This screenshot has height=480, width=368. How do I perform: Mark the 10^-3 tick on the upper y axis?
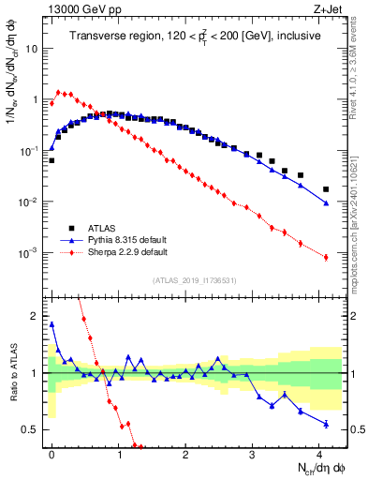(x=31, y=254)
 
